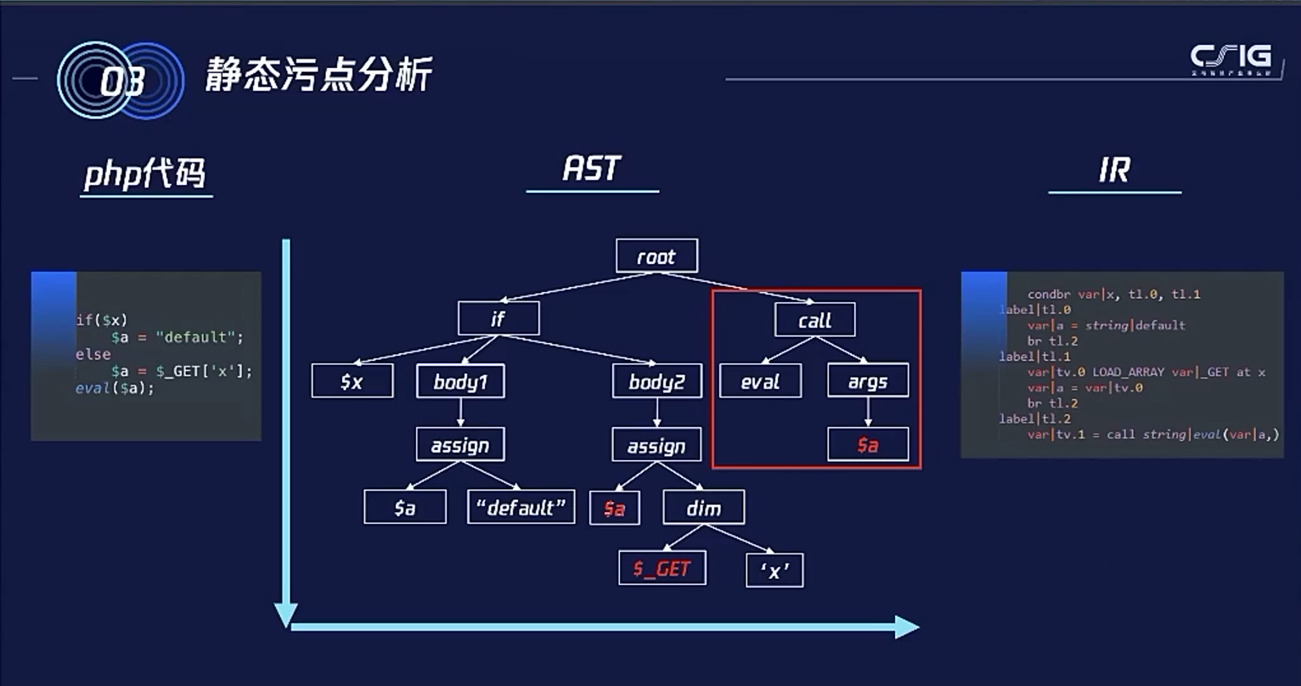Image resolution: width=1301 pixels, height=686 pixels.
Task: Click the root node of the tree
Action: pos(656,256)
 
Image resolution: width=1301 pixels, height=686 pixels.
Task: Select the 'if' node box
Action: pos(498,319)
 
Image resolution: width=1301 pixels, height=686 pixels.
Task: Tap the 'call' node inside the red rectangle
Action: pos(814,320)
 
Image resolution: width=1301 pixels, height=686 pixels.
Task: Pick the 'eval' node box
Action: pos(760,381)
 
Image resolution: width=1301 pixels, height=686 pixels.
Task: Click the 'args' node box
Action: pos(868,381)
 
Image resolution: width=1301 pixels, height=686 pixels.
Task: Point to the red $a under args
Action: pos(868,444)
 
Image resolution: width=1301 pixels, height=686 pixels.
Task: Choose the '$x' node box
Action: pos(352,381)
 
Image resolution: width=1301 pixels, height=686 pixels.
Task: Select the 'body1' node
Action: pos(460,381)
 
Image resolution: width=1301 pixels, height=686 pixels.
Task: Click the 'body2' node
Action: pos(656,381)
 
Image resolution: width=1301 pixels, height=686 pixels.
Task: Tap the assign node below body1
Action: pos(460,445)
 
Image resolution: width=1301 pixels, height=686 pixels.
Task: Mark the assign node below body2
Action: pos(656,445)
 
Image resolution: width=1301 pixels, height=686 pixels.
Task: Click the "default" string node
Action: pos(521,507)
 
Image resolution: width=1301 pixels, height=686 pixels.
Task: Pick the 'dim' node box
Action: pos(704,508)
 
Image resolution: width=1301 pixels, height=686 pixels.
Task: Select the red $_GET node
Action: pos(662,568)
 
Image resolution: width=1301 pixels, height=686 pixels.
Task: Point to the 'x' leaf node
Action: pos(774,571)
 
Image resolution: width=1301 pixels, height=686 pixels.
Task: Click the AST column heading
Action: pos(592,168)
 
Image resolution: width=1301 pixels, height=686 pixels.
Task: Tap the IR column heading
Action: pos(1114,170)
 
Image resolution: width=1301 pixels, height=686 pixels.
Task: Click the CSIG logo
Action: pos(1231,59)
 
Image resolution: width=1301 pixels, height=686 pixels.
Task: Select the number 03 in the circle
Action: pos(121,82)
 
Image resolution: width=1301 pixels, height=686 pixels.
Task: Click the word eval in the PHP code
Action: pos(93,388)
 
